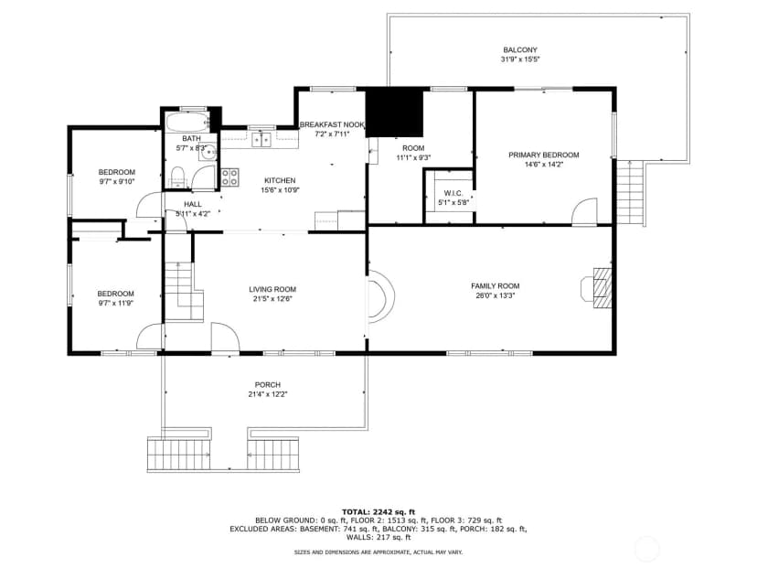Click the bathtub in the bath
187,123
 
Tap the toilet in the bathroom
177,177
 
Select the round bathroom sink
208,153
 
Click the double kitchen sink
261,139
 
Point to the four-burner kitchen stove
229,177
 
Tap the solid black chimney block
394,113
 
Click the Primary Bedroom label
544,155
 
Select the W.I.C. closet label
453,193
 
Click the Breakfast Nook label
332,124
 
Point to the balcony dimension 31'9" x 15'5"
520,59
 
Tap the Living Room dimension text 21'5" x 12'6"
272,298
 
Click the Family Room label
496,286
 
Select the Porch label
268,385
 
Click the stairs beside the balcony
631,193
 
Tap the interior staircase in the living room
184,291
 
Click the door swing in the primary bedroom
584,211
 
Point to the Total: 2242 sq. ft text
378,512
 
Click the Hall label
193,204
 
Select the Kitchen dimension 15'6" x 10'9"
280,190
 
